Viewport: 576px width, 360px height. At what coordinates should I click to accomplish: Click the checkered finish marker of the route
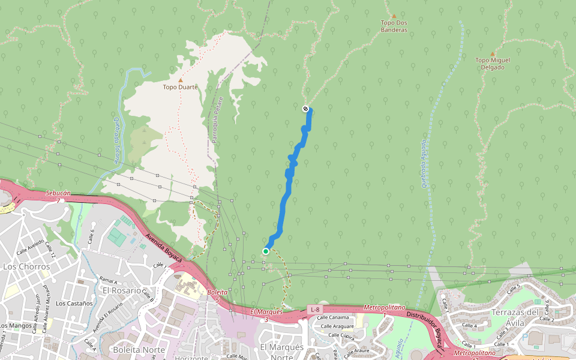305,109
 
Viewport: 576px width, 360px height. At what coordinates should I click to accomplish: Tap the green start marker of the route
265,251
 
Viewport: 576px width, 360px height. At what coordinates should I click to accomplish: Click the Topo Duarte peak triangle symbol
180,80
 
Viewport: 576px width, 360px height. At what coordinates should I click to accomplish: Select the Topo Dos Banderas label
394,26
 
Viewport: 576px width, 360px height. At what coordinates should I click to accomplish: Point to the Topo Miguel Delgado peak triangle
493,54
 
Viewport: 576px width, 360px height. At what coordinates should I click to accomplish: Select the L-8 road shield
315,309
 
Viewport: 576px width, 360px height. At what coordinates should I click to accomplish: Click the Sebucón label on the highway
58,193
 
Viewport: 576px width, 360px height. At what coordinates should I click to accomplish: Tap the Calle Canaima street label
332,317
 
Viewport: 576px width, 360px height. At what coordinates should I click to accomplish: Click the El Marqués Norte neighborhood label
281,352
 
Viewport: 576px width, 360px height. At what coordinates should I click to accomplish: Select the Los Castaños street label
74,303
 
